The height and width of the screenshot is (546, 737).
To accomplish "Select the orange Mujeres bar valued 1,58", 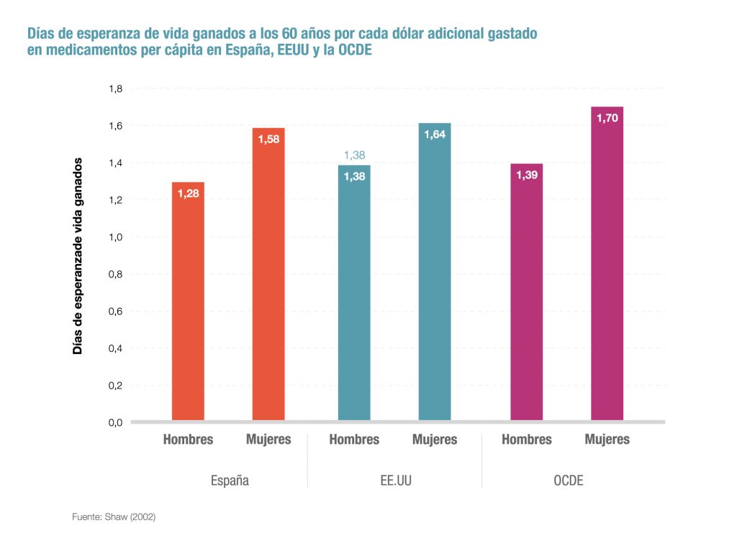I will (268, 274).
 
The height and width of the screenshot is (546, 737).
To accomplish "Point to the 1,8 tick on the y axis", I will (116, 89).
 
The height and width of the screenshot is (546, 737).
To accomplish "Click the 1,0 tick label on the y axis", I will (116, 237).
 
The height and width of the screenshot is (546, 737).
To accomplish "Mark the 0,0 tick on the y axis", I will (116, 422).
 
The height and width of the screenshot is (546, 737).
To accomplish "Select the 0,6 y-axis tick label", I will (116, 311).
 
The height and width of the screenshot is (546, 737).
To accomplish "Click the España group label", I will (229, 481).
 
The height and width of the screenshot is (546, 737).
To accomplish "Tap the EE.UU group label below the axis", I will (394, 481).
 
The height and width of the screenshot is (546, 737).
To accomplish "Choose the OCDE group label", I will (568, 481).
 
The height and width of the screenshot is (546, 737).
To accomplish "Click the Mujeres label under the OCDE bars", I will (607, 439).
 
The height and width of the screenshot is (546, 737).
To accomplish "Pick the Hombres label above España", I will (188, 439).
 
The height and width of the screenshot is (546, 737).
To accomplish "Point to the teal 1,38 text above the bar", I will (354, 155).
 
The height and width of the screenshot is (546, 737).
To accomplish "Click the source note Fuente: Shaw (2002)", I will (114, 517).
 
